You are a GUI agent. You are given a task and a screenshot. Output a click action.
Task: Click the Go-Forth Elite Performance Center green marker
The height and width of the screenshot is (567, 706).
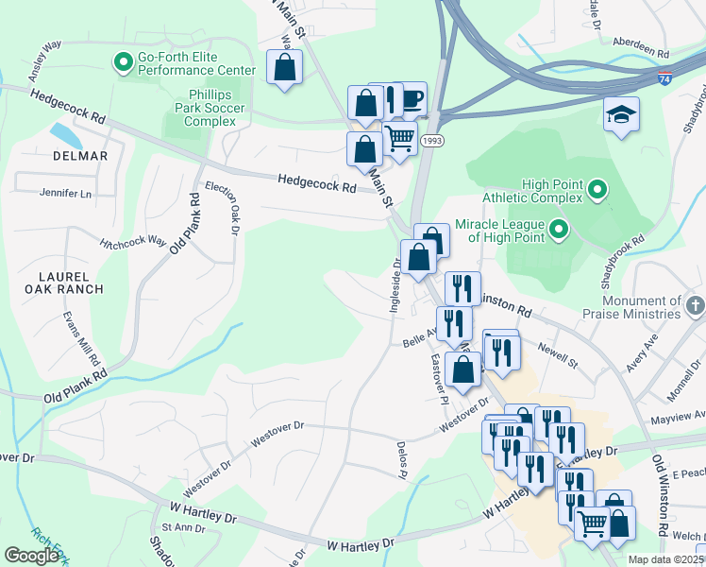coord(123,63)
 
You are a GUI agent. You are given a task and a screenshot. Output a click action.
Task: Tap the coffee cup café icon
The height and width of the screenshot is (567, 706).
coord(412,97)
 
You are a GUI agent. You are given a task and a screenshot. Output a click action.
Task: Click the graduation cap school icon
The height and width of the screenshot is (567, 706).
coord(620,113)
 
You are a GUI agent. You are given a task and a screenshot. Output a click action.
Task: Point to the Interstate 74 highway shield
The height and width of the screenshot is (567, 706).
coord(666,80)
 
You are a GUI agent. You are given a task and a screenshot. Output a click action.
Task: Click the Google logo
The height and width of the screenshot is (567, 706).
coord(32,555)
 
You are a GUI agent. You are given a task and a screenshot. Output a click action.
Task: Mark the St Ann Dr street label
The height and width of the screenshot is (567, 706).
coord(183,526)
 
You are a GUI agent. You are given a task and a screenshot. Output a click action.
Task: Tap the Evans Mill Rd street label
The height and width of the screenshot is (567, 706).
coord(80,338)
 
